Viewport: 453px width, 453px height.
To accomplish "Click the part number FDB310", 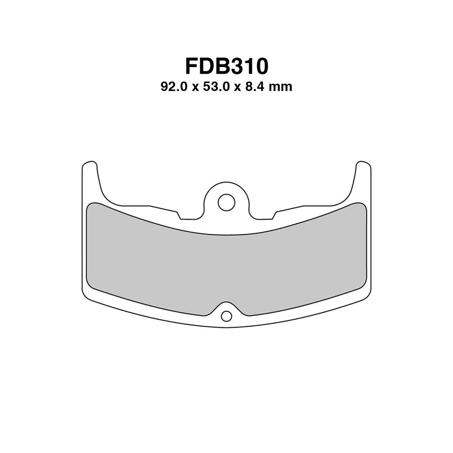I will pos(226,66).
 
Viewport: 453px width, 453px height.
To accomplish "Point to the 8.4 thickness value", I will pos(255,87).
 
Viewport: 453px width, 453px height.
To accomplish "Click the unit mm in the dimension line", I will pos(280,87).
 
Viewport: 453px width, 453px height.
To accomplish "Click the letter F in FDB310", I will pos(192,66).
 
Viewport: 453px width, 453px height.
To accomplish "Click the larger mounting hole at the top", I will pos(226,202).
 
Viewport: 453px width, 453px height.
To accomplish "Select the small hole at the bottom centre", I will pos(226,316).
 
